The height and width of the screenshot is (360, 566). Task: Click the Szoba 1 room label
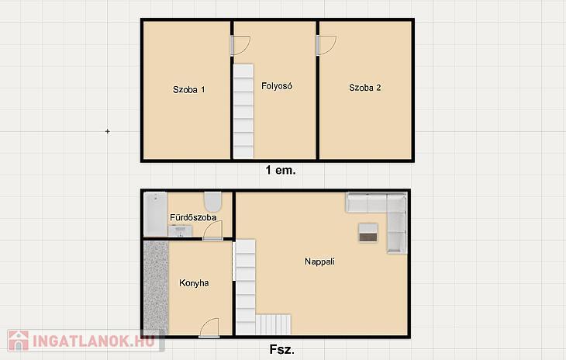(188, 89)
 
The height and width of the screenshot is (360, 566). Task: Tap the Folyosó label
(277, 86)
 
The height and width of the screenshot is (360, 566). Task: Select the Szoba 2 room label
(365, 88)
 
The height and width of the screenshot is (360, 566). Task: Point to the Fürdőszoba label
(193, 217)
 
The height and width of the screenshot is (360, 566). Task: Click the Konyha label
(194, 283)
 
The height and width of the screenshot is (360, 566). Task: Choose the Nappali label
(319, 261)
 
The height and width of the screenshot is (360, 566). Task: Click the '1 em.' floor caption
(281, 170)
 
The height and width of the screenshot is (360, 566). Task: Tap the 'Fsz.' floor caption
(282, 350)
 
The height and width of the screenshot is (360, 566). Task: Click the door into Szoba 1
(240, 46)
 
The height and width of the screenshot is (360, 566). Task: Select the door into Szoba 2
(326, 45)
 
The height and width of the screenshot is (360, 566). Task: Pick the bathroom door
(212, 230)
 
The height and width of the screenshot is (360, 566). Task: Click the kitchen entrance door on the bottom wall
(209, 328)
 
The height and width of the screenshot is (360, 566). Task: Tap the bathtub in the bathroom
(155, 214)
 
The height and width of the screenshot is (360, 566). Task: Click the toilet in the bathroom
(213, 202)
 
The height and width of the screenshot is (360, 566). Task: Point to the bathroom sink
(180, 230)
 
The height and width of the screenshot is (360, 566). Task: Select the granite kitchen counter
(156, 288)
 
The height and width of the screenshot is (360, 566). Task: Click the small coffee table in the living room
(368, 233)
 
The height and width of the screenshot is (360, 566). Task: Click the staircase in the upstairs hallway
(243, 111)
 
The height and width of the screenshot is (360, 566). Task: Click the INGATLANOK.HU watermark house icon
(18, 340)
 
